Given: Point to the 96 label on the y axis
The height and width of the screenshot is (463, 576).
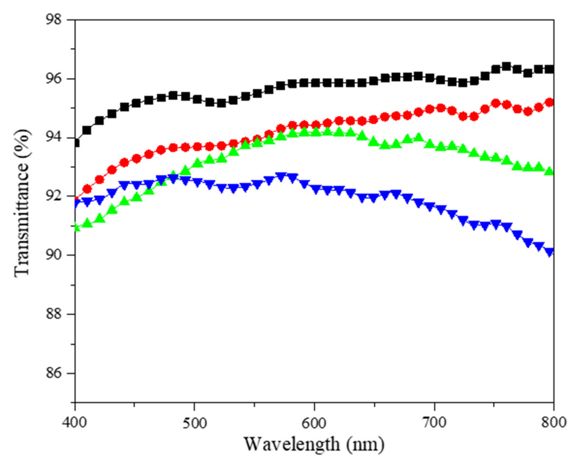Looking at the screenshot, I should point(53,79).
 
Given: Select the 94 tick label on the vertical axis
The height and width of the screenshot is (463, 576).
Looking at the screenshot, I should point(53,138).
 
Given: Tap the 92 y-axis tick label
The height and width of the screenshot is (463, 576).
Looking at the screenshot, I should point(53,196).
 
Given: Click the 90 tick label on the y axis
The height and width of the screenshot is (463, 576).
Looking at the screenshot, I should point(53,255).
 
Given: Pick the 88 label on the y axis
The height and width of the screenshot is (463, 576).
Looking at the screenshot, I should point(53,314).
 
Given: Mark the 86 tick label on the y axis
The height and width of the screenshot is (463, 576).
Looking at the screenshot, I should point(53,373).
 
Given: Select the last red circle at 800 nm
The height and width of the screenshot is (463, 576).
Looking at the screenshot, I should point(549,102).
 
